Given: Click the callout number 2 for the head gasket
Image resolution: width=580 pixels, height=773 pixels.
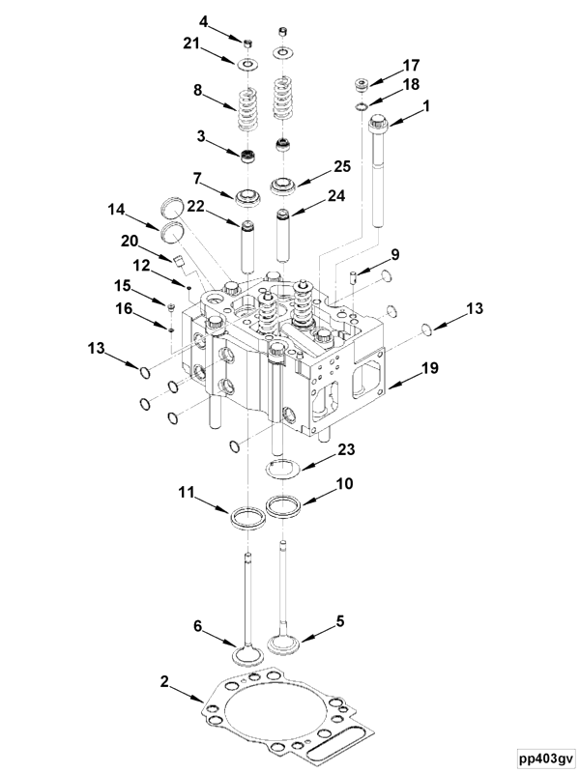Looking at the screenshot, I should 164,682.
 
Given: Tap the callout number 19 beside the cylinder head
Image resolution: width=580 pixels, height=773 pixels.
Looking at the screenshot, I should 430,369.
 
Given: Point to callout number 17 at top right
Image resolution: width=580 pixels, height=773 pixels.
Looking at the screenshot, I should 412,65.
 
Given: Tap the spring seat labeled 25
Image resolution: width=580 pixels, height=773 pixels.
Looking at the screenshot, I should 285,185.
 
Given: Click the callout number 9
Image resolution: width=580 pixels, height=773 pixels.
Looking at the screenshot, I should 395,254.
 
